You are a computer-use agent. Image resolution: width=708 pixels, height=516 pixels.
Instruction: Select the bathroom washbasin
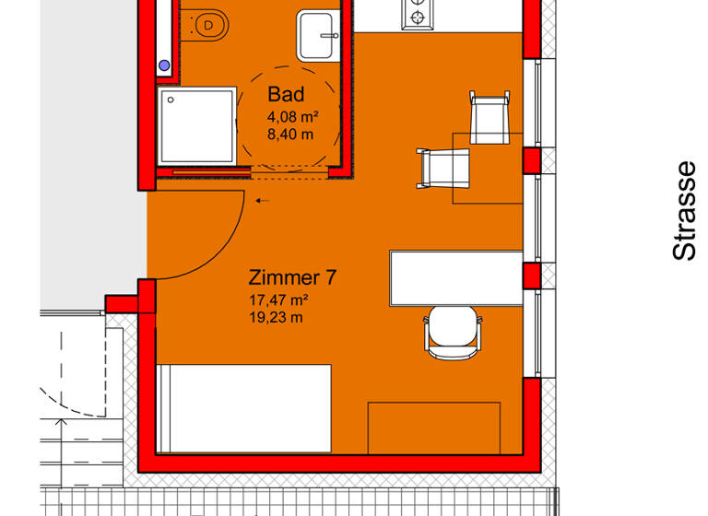[x=318, y=37]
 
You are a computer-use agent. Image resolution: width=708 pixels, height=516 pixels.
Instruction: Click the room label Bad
[x=285, y=95]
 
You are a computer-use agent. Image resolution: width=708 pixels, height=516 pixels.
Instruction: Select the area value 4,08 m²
[x=292, y=117]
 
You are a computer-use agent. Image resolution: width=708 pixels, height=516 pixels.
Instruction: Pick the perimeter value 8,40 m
[x=289, y=135]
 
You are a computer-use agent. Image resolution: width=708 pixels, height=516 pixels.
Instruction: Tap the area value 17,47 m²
[x=277, y=300]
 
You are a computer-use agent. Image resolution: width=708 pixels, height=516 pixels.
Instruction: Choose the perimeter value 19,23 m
[x=274, y=318]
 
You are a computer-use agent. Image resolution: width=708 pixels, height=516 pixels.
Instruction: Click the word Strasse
[x=683, y=211]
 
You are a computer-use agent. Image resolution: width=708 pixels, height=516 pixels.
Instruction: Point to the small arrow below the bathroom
[x=263, y=200]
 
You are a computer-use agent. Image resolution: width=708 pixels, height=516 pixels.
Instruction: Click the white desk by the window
[x=455, y=277]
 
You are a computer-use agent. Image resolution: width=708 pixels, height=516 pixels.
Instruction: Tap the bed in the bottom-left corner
[x=243, y=408]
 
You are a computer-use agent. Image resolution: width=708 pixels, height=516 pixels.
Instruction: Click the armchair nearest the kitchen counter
[x=489, y=118]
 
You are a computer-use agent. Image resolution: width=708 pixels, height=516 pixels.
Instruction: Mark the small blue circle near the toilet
[x=165, y=65]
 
